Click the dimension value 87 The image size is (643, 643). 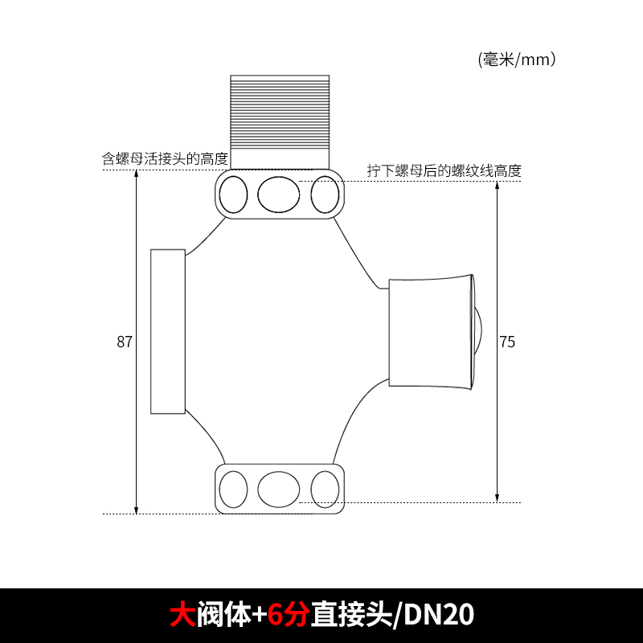click(124, 342)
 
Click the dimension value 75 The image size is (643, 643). click(507, 342)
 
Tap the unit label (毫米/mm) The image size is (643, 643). click(517, 59)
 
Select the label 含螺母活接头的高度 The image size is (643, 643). click(165, 159)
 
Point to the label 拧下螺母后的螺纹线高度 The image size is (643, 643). click(444, 170)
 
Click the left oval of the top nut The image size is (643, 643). click(234, 194)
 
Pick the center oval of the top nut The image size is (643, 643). click(278, 194)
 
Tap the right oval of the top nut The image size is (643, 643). click(325, 194)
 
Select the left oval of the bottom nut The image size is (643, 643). click(234, 489)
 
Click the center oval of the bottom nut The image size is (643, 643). click(278, 489)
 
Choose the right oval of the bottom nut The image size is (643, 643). click(325, 489)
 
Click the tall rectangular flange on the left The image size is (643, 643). click(168, 332)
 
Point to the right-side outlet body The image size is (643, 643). click(428, 331)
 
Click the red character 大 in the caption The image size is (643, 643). click(182, 616)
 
